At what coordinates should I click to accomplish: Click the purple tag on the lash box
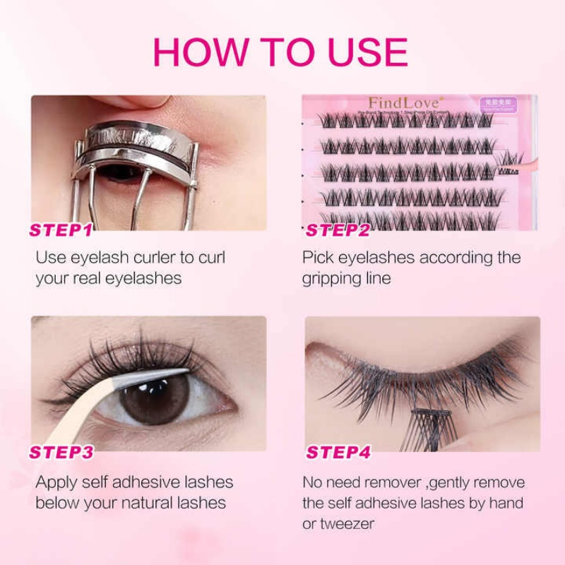[497, 105]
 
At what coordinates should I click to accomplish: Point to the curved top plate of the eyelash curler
[134, 137]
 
